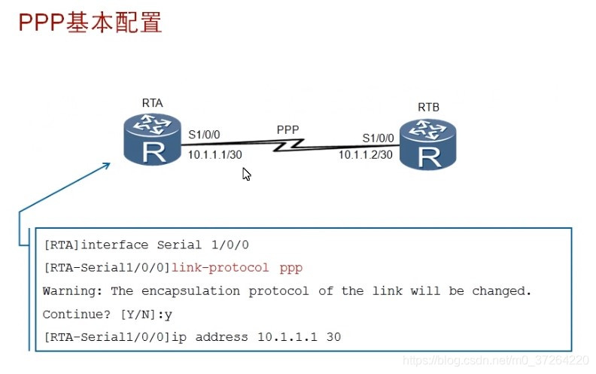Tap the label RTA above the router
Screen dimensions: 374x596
pyautogui.click(x=152, y=103)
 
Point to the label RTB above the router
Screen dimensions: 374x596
pyautogui.click(x=428, y=108)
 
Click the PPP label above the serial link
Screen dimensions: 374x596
pyautogui.click(x=287, y=129)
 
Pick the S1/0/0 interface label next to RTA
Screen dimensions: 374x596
pyautogui.click(x=204, y=135)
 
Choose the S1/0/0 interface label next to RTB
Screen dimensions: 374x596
pyautogui.click(x=378, y=138)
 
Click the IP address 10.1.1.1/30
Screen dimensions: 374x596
pyautogui.click(x=215, y=154)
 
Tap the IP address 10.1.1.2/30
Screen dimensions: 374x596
pyautogui.click(x=366, y=155)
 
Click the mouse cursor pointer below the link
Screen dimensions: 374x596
pyautogui.click(x=246, y=174)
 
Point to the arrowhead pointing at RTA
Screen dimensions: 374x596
pyautogui.click(x=107, y=161)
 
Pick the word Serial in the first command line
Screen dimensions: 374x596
pyautogui.click(x=178, y=245)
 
